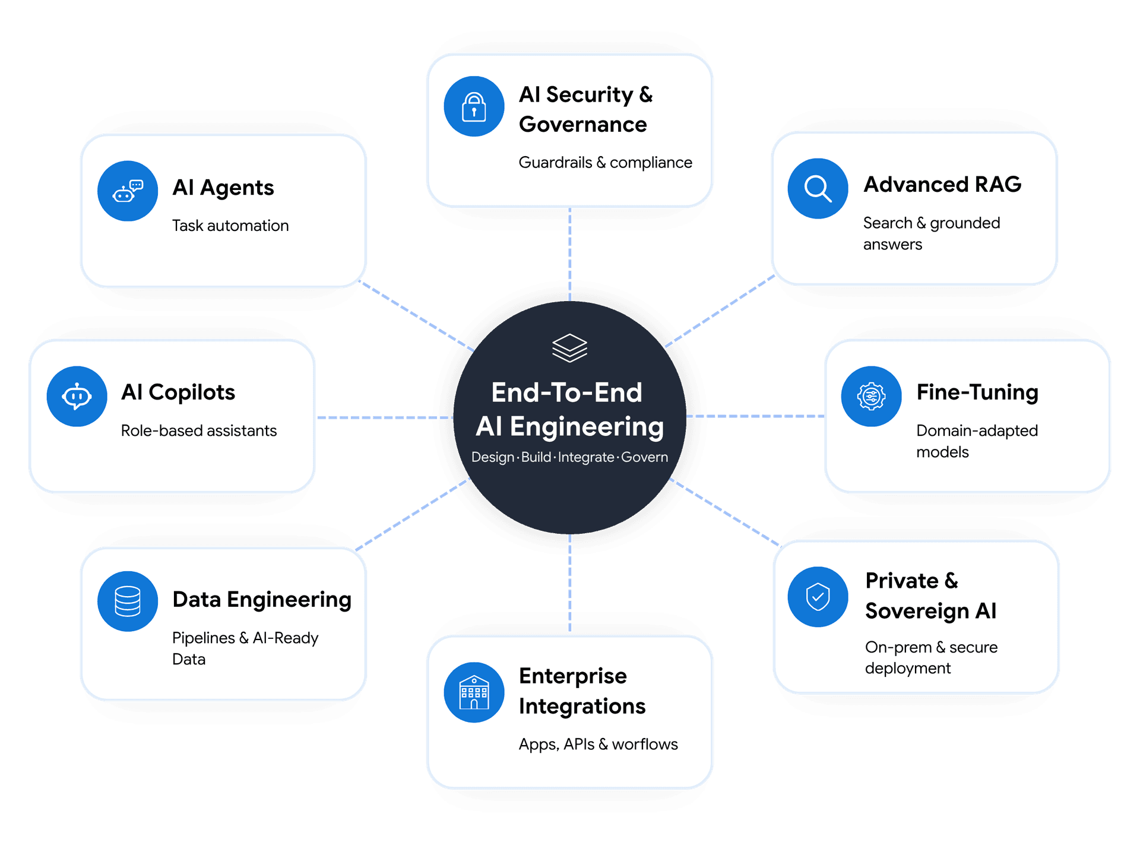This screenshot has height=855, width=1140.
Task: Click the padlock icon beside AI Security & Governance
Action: coord(474,107)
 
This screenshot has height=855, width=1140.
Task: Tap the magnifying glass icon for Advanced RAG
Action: coord(818,189)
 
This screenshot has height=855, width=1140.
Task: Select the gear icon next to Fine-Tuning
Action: coord(871,396)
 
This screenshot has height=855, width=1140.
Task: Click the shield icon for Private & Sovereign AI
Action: coord(818,597)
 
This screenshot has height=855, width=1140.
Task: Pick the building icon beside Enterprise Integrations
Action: coord(474,692)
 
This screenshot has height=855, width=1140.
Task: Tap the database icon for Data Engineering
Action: coord(128,601)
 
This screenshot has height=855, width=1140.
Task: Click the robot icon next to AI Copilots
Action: coord(77,396)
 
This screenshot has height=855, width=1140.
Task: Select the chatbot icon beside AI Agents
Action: coord(128,191)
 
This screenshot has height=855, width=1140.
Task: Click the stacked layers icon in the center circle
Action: coord(569,348)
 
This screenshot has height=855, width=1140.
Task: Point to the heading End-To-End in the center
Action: coord(567,392)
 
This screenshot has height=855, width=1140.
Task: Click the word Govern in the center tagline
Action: coord(644,457)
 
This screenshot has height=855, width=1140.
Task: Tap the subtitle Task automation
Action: coord(230,226)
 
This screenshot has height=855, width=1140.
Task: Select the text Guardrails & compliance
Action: coord(606,163)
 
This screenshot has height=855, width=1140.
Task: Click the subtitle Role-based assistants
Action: coord(199,430)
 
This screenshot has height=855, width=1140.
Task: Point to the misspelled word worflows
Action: coord(645,745)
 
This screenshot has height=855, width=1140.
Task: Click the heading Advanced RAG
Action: coord(943,185)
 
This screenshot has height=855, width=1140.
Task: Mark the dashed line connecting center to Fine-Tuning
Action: coord(756,416)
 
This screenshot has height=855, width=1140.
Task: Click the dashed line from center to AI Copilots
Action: coord(385,418)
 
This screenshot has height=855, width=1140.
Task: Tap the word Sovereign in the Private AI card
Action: coord(917,612)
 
